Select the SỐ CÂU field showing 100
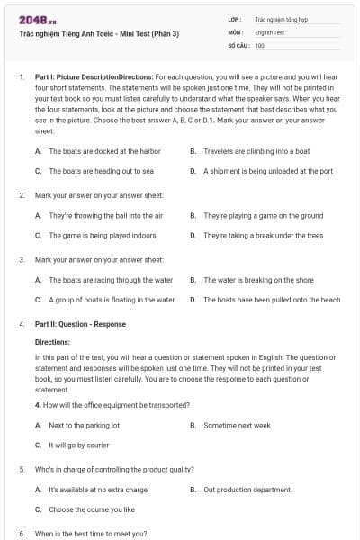tap(260, 44)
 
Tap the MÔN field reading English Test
tap(271, 31)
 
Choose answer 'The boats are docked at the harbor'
tap(104, 152)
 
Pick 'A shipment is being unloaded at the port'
tap(268, 170)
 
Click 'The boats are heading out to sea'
tap(101, 170)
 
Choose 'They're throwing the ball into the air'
tap(105, 216)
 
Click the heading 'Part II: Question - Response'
tap(80, 324)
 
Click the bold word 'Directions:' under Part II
tap(52, 342)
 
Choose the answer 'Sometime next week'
tap(237, 425)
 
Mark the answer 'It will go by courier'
tap(78, 445)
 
